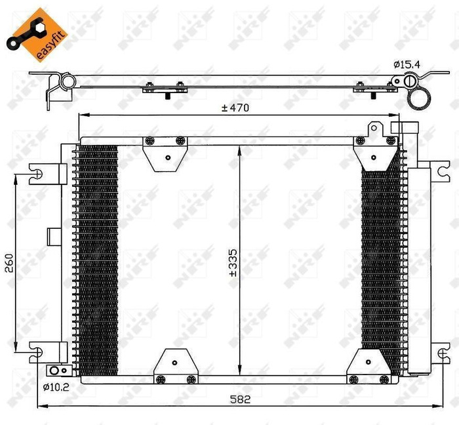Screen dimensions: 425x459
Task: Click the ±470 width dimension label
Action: tap(237, 108)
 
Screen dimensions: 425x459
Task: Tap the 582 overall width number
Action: tap(242, 399)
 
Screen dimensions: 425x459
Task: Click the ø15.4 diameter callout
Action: tap(407, 64)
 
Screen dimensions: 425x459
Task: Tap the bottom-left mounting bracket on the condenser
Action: tap(175, 365)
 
